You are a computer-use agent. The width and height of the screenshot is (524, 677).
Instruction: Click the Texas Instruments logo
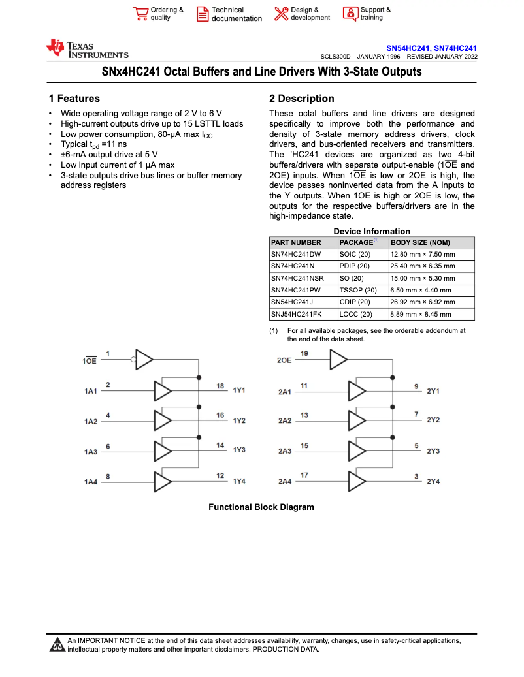coord(87,49)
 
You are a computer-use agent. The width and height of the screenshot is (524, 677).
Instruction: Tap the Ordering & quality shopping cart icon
coord(140,14)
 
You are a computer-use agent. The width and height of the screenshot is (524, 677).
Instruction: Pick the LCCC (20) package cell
coord(356,314)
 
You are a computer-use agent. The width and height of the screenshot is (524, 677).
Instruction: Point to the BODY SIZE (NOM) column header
coord(420,242)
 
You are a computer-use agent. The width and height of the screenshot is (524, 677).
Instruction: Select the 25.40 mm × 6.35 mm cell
coord(423,266)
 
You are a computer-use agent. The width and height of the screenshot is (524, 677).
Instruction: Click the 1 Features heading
coord(74,99)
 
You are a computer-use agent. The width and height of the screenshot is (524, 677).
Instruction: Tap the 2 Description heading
coord(301,99)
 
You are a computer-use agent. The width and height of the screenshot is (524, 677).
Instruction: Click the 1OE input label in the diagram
coord(90,361)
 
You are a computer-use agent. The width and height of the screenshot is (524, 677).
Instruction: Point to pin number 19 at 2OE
coord(304,353)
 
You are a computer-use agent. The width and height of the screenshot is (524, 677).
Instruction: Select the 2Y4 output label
coord(433,482)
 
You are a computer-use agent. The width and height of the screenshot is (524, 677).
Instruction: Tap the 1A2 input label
coord(90,422)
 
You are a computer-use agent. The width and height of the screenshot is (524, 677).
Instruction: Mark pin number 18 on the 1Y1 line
coord(221,386)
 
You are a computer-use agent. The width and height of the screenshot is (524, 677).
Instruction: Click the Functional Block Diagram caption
coord(261,507)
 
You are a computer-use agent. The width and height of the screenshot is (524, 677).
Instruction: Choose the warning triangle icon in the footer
coord(57,646)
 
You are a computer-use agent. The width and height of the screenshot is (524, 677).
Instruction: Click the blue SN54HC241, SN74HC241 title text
coord(431,48)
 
